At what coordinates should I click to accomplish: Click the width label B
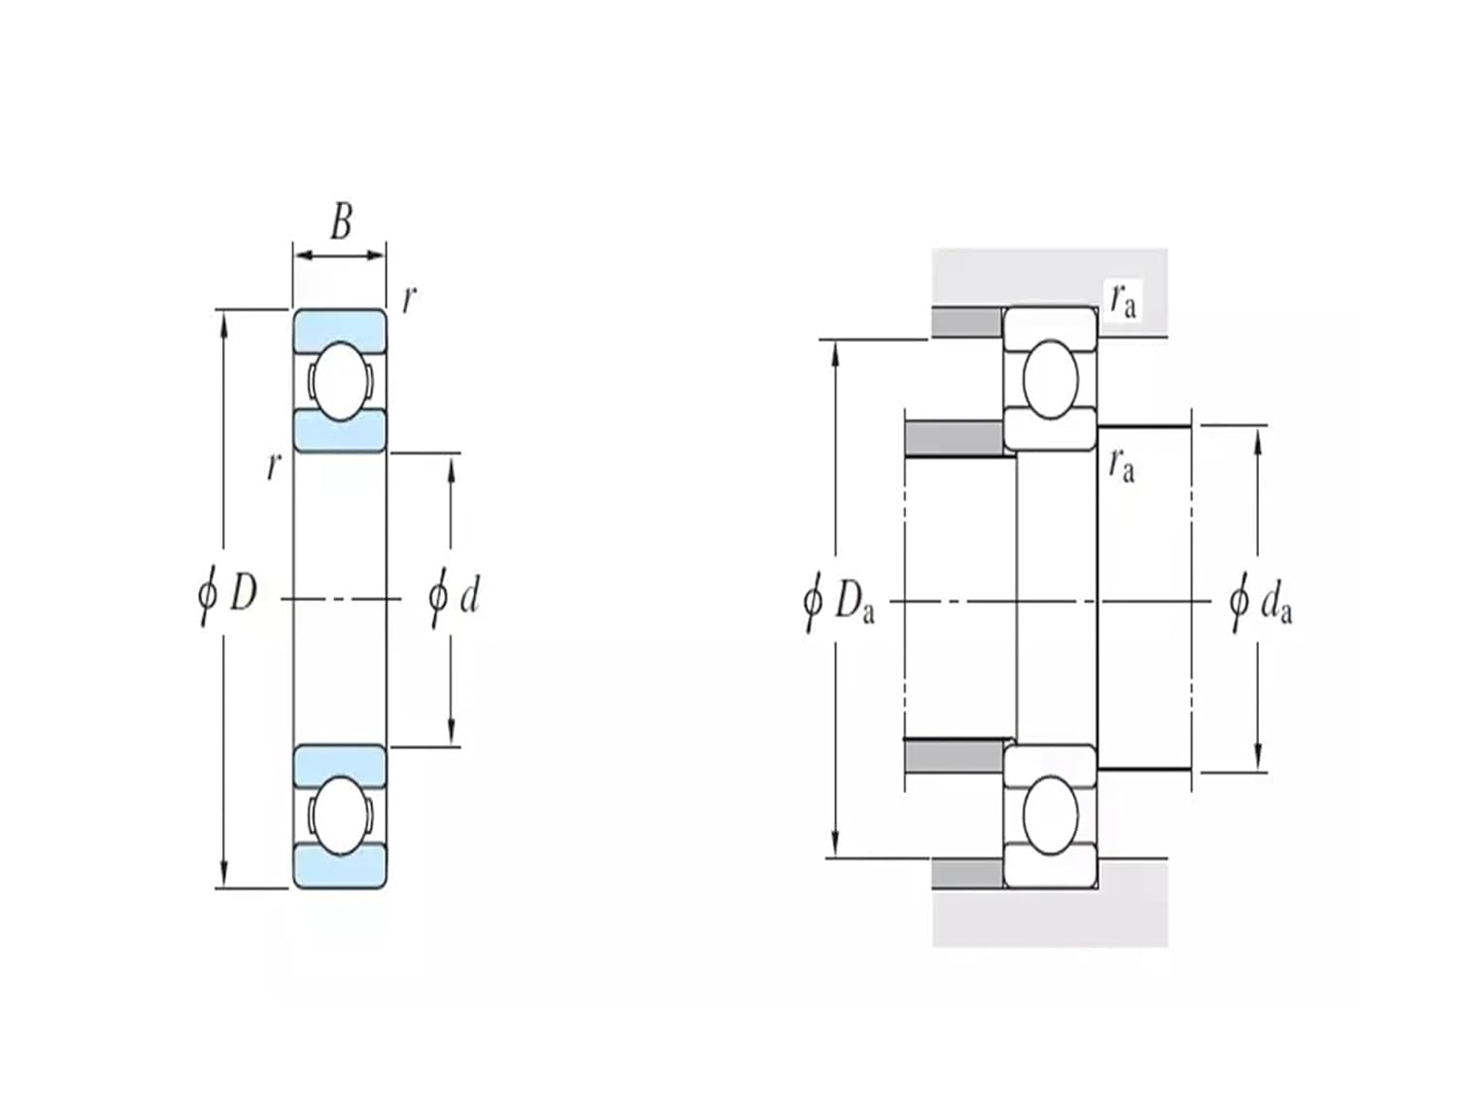pyautogui.click(x=341, y=221)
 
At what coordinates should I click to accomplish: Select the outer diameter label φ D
pyautogui.click(x=228, y=592)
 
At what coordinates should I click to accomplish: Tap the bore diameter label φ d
pyautogui.click(x=455, y=596)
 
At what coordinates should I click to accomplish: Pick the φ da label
pyautogui.click(x=1261, y=603)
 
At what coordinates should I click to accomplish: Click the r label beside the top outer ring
pyautogui.click(x=408, y=300)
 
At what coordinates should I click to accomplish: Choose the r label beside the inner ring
pyautogui.click(x=273, y=467)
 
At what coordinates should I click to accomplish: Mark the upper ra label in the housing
pyautogui.click(x=1122, y=301)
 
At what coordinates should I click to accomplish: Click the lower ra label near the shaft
pyautogui.click(x=1121, y=466)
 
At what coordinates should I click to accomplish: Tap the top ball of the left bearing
pyautogui.click(x=339, y=381)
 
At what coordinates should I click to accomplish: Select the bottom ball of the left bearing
pyautogui.click(x=339, y=815)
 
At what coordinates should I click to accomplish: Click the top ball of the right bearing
pyautogui.click(x=1050, y=379)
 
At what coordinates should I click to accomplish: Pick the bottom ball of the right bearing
pyautogui.click(x=1050, y=815)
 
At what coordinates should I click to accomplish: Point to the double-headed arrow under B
pyautogui.click(x=340, y=255)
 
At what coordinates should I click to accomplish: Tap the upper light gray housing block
pyautogui.click(x=1049, y=277)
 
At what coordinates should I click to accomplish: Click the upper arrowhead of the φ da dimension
pyautogui.click(x=1258, y=437)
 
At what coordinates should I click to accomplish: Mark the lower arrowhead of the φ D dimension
pyautogui.click(x=224, y=875)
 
